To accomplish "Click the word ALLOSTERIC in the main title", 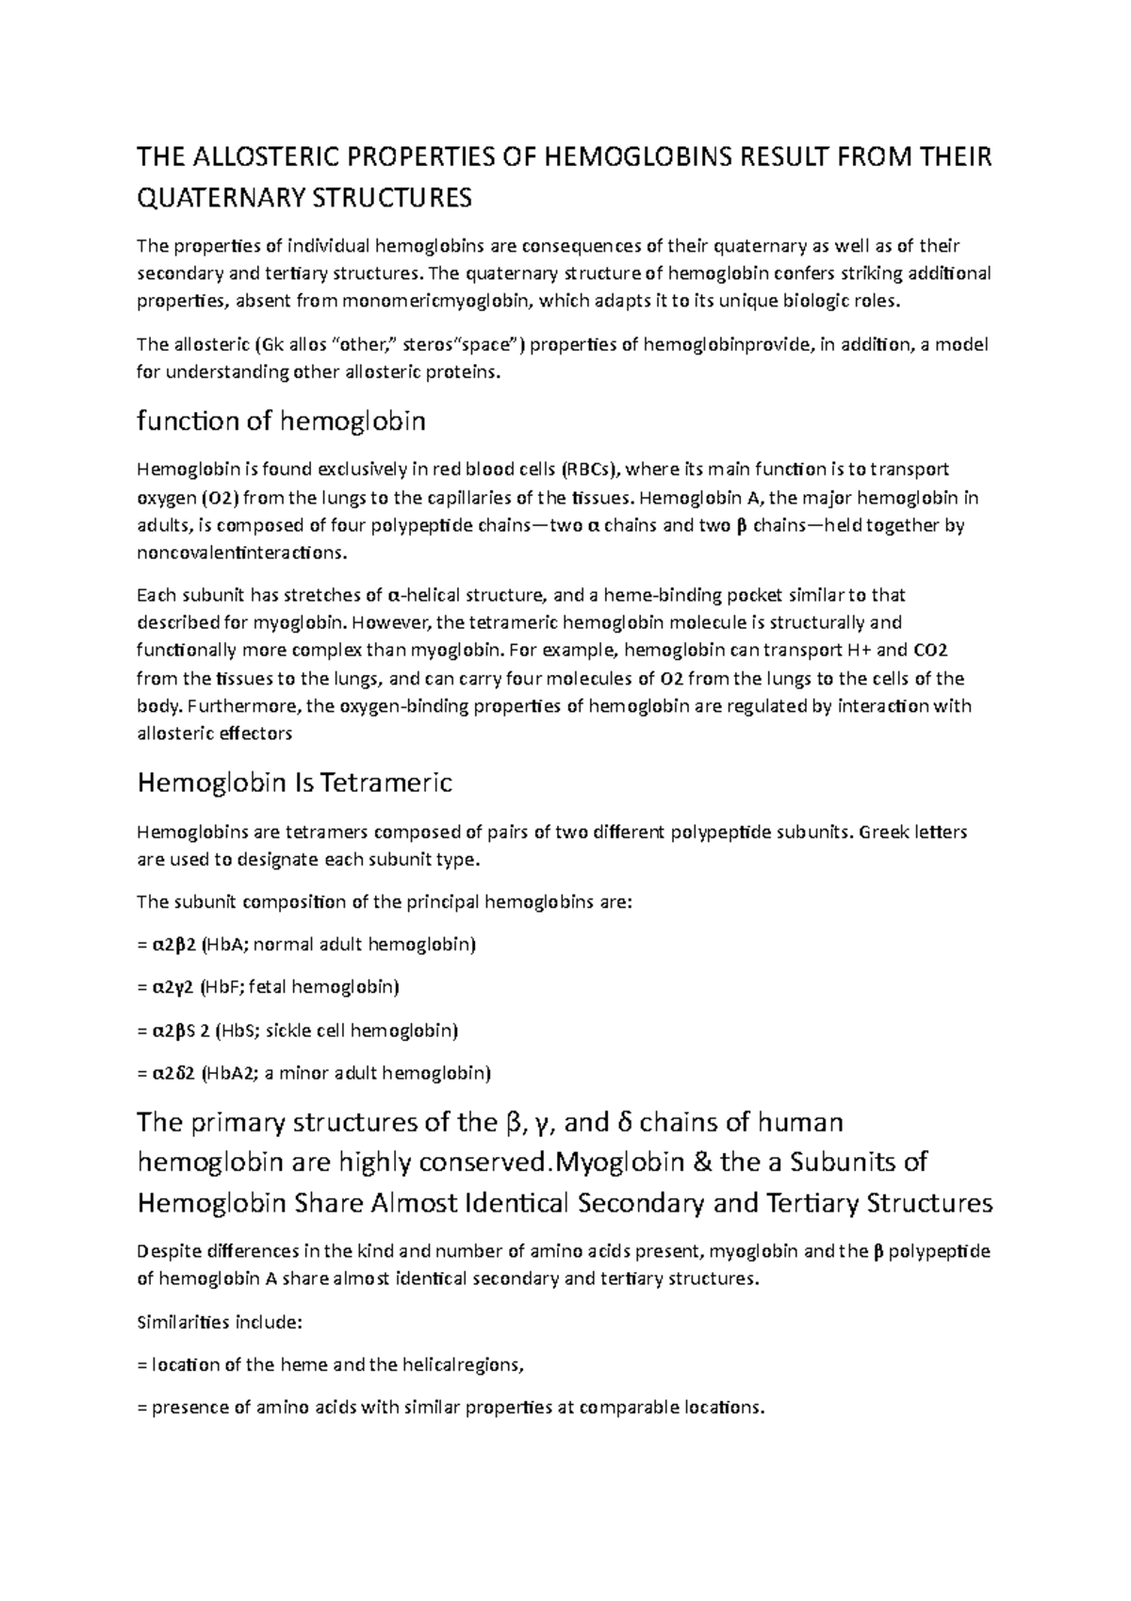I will [x=254, y=157].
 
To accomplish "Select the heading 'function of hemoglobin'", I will [x=281, y=421].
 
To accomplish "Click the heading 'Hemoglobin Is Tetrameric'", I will [x=295, y=783].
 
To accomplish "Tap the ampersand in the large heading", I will [x=701, y=1163].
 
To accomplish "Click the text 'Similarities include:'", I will [x=219, y=1322].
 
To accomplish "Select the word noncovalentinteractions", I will [x=240, y=553].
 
